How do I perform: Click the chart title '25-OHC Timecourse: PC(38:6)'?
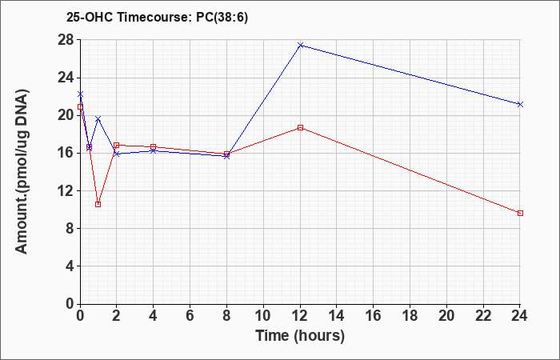click(157, 17)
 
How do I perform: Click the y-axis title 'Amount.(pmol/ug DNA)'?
click(22, 171)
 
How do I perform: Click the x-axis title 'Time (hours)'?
click(300, 336)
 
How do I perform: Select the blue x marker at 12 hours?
click(300, 46)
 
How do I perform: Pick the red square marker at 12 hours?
click(300, 127)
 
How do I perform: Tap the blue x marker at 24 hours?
click(520, 104)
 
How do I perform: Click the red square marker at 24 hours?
click(520, 214)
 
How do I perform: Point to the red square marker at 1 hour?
click(98, 204)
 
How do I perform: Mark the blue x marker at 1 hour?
click(98, 118)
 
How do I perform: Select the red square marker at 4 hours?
click(154, 146)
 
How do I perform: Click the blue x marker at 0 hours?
click(80, 94)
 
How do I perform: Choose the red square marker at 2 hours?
click(117, 146)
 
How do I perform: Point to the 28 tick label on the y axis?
click(66, 40)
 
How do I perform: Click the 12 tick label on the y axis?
click(66, 190)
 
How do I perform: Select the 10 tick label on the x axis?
click(263, 316)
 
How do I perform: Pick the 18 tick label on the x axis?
click(410, 316)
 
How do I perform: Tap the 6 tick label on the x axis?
click(190, 316)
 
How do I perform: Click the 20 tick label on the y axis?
click(66, 115)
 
